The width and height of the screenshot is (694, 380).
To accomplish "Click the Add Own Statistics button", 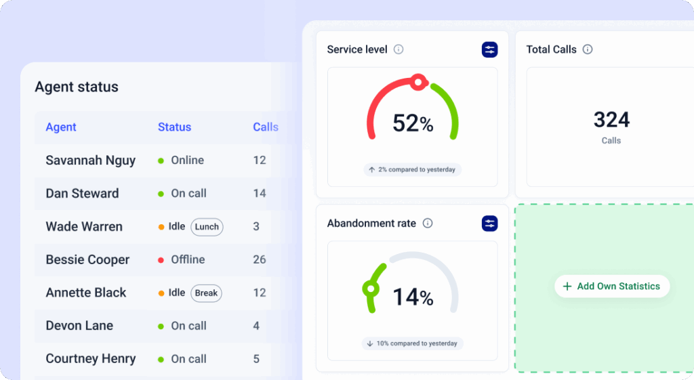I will pyautogui.click(x=611, y=287).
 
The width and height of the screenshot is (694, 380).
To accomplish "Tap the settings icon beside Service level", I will pyautogui.click(x=489, y=49).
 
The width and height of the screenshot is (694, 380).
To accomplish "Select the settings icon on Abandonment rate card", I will pyautogui.click(x=489, y=223).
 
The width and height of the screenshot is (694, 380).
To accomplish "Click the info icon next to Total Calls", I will pyautogui.click(x=588, y=49).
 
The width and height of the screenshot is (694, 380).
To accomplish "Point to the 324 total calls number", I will pyautogui.click(x=611, y=120).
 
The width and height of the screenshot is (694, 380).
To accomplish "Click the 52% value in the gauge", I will pyautogui.click(x=413, y=123).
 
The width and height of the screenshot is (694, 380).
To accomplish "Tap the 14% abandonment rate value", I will pyautogui.click(x=413, y=297).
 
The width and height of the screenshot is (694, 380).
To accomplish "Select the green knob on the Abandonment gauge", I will pyautogui.click(x=370, y=289).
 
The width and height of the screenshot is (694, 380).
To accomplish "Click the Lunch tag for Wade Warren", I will pyautogui.click(x=207, y=227).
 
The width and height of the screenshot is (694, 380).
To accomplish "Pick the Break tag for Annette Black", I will pyautogui.click(x=206, y=293).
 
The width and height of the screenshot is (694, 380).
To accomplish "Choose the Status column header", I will pyautogui.click(x=174, y=127).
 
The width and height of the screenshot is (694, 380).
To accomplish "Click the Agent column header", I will pyautogui.click(x=61, y=127).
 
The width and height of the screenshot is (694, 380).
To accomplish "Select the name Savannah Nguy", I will pyautogui.click(x=90, y=161).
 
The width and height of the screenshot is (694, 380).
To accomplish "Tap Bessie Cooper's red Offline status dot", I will pyautogui.click(x=161, y=260).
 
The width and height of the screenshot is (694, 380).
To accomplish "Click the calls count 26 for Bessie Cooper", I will pyautogui.click(x=259, y=259).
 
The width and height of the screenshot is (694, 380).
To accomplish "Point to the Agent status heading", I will pyautogui.click(x=77, y=87).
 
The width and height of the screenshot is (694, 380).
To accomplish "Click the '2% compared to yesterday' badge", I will pyautogui.click(x=412, y=169).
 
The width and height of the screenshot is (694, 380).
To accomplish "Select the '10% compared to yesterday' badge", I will pyautogui.click(x=412, y=343).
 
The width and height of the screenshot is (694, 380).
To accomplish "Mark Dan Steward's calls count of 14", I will pyautogui.click(x=259, y=194).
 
